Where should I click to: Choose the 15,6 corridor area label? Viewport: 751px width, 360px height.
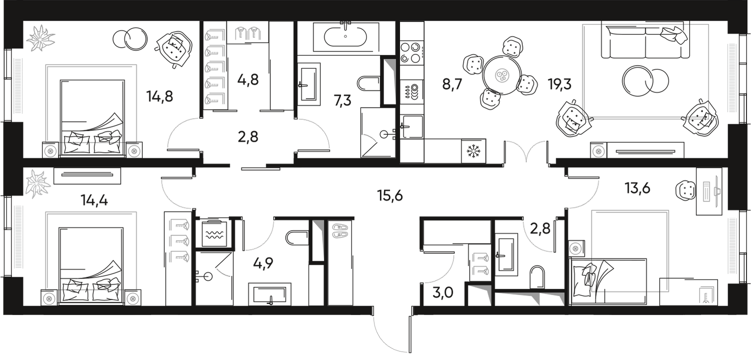click(x=391, y=196)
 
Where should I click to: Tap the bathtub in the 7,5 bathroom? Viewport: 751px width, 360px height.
click(x=345, y=36)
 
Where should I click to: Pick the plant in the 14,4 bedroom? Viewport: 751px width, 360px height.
click(x=38, y=182)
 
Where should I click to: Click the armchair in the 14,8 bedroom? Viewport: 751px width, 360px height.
click(x=173, y=48)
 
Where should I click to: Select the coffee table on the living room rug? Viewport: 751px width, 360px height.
click(x=645, y=80)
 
